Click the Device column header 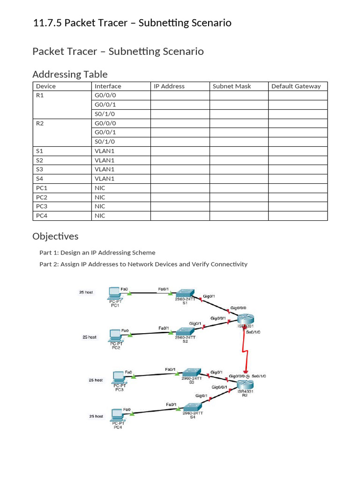(46, 86)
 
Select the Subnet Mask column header (232, 86)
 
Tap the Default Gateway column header (296, 86)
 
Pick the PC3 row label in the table (42, 206)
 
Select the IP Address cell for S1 (180, 151)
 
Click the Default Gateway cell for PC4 (298, 216)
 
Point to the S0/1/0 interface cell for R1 (105, 114)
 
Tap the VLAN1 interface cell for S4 (105, 179)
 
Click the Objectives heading (55, 236)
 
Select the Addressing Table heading (70, 74)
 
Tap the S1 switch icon (186, 293)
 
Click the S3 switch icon (192, 372)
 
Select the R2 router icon (245, 385)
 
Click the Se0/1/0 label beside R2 (259, 376)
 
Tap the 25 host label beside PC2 (89, 337)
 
